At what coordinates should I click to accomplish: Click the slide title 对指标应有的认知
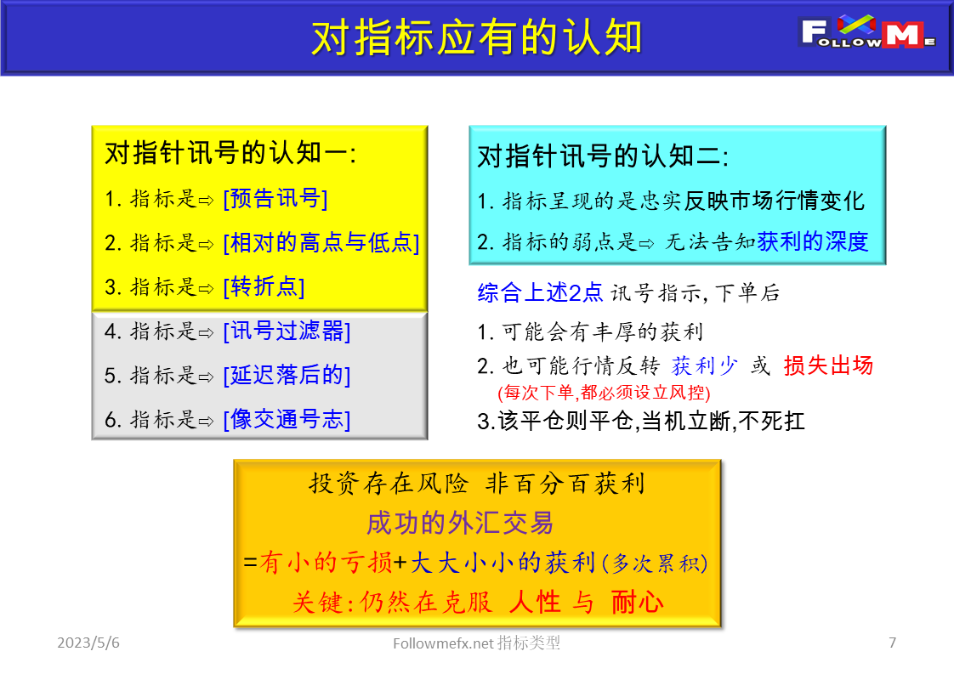(x=476, y=37)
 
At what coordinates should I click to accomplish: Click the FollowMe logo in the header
(x=868, y=35)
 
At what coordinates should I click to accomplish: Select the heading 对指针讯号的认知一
(x=230, y=153)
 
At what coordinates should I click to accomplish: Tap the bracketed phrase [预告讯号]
(x=275, y=199)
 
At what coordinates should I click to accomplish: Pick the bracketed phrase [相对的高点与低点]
(x=321, y=242)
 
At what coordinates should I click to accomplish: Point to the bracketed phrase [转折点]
(x=264, y=286)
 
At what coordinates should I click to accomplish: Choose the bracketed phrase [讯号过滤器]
(x=287, y=331)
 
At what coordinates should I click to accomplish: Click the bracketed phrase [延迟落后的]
(x=287, y=375)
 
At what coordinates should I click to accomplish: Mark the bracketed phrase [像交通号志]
(x=287, y=419)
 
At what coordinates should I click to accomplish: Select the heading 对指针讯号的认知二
(x=603, y=156)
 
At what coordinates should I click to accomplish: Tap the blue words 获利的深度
(x=813, y=241)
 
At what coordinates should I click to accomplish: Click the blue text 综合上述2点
(x=540, y=293)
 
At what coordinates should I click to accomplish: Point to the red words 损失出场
(x=828, y=365)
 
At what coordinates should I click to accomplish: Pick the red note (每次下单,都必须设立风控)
(x=604, y=393)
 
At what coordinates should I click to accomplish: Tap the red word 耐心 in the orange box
(x=637, y=603)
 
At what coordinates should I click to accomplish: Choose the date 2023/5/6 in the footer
(x=88, y=643)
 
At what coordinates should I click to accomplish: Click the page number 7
(x=892, y=643)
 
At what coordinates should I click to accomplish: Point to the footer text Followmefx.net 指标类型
(x=477, y=643)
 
